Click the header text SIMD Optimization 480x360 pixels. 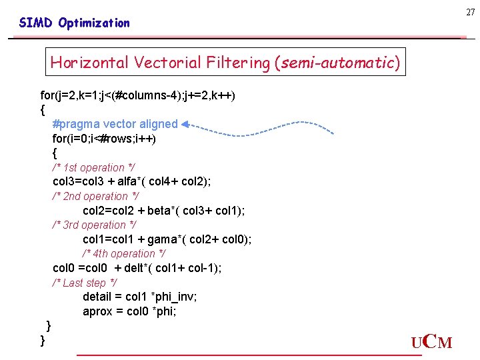coord(75,23)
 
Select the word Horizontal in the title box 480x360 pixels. coord(90,63)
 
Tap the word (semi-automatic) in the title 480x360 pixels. coord(337,63)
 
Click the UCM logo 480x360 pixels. coord(431,343)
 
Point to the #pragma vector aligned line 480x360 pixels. coord(115,124)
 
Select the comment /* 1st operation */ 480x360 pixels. coord(93,167)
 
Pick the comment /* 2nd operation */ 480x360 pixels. coord(95,196)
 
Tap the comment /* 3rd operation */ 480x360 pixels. coord(95,225)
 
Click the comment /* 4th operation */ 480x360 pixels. coord(125,253)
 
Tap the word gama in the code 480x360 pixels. coord(161,239)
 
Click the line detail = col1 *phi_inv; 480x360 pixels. coord(139,297)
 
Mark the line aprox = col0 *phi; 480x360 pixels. coord(129,311)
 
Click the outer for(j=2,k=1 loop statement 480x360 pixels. coord(137,95)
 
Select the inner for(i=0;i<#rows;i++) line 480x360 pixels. coord(104,139)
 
